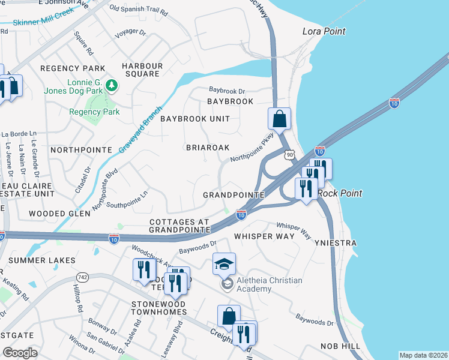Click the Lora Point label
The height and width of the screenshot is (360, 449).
click(325, 31)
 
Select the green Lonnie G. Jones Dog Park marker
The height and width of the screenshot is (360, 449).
click(111, 86)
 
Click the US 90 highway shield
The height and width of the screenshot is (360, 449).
click(289, 154)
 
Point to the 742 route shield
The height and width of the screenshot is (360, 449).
click(82, 277)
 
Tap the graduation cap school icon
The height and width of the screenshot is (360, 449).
click(224, 264)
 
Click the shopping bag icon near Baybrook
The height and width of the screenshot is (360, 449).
click(279, 119)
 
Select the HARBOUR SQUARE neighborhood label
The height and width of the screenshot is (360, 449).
click(142, 70)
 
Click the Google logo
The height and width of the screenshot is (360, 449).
click(20, 352)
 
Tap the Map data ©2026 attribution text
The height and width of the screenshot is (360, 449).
click(423, 355)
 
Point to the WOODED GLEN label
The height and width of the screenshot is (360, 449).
click(59, 214)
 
